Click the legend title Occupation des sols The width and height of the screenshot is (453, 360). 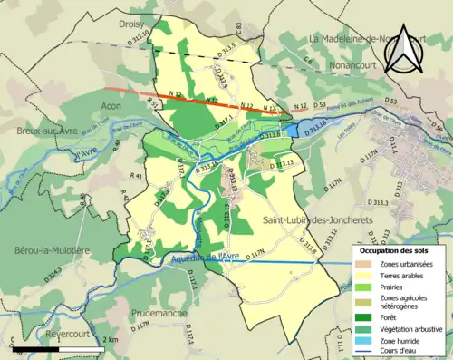tap(396, 250)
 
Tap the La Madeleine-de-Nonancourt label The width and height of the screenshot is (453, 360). tap(374, 39)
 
